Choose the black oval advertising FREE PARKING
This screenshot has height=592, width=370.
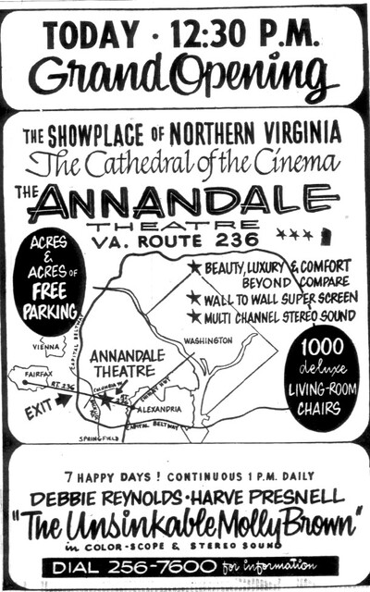[x=53, y=285]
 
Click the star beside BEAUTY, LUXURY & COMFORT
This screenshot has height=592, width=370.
[x=194, y=267]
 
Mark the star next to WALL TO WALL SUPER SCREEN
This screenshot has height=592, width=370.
[x=192, y=298]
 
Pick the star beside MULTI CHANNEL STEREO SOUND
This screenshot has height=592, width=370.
[x=192, y=316]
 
